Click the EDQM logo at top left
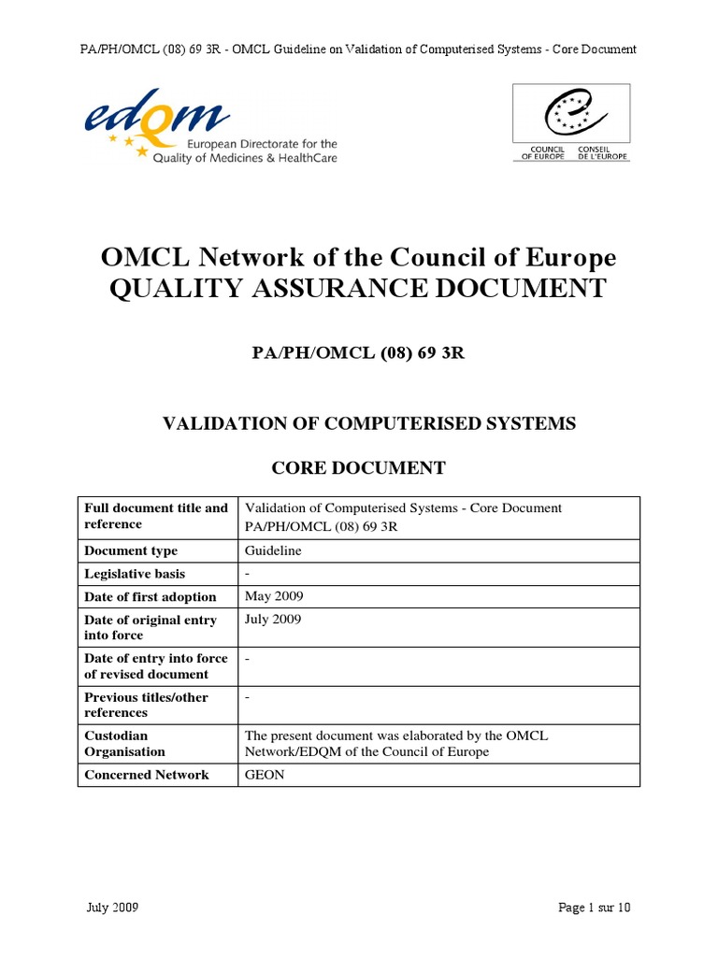tap(210, 129)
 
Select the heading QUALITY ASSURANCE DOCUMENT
tap(359, 290)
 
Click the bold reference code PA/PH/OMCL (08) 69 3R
tap(359, 353)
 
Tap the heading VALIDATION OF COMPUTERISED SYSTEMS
tap(369, 423)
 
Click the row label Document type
tap(131, 550)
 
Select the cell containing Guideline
tap(273, 550)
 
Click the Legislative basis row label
tap(135, 574)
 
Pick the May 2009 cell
tap(274, 596)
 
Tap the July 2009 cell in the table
tap(273, 619)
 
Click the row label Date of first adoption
tap(150, 596)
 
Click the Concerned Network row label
tap(147, 775)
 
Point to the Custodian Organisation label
tap(124, 744)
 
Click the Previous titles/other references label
tap(146, 705)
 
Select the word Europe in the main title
tap(570, 258)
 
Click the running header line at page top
tap(359, 49)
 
